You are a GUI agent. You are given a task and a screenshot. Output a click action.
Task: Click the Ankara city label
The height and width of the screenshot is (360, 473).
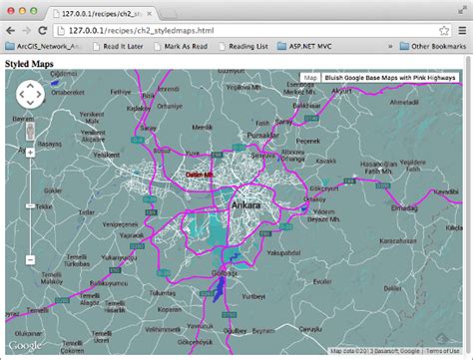point(244,206)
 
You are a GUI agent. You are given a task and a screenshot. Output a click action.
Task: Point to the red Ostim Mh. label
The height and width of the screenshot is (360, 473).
point(203,175)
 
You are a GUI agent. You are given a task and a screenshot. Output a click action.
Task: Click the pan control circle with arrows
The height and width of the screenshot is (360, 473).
point(30,94)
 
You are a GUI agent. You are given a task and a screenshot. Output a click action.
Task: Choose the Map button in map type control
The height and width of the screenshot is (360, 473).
point(310,77)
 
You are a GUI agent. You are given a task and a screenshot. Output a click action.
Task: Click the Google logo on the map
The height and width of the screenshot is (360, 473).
point(25,345)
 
